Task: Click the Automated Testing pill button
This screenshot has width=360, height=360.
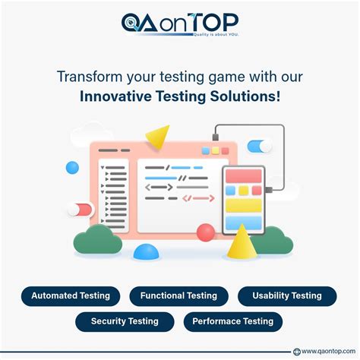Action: [x=70, y=296]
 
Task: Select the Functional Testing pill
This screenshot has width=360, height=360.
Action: [x=178, y=296]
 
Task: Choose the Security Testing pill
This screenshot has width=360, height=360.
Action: [x=125, y=321]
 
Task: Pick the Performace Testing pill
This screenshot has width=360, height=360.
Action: [x=233, y=321]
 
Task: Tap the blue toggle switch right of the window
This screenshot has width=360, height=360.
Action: [x=260, y=146]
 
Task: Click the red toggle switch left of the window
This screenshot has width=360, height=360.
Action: [x=79, y=209]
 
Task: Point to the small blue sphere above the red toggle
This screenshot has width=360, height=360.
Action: [x=72, y=167]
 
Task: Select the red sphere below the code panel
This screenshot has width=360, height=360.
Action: [x=205, y=232]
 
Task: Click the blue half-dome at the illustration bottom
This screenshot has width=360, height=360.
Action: [x=146, y=252]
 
